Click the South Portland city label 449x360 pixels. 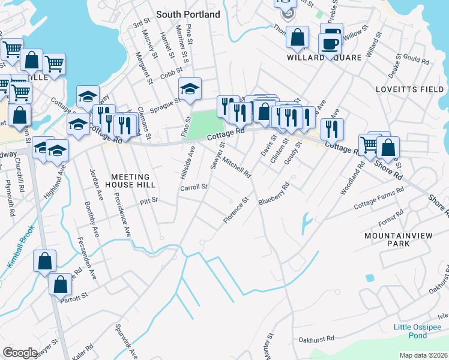(x=188, y=14)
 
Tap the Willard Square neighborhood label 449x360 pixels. (x=324, y=58)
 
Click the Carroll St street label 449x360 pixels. (x=194, y=187)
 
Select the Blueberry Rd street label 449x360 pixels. (x=274, y=194)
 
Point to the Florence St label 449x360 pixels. (x=236, y=211)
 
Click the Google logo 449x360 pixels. (x=20, y=352)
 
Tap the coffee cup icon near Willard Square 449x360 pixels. (x=329, y=43)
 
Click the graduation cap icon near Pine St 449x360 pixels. (x=190, y=90)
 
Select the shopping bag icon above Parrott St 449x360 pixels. (x=45, y=261)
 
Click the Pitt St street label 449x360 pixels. (x=149, y=200)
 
